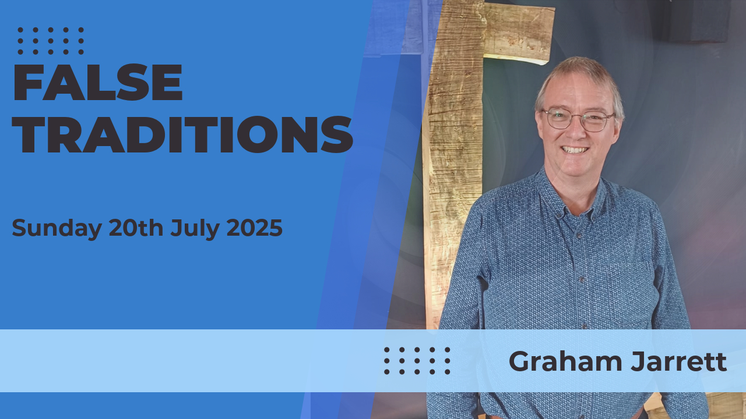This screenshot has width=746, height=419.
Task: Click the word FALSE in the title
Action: [97, 82]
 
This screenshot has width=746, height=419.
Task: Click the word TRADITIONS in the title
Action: [182, 134]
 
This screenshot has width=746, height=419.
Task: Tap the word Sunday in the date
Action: [57, 229]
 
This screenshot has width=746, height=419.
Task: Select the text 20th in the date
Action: [136, 228]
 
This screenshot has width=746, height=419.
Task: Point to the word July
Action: [195, 229]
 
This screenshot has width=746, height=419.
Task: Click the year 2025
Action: [255, 228]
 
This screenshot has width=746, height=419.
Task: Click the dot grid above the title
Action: [51, 41]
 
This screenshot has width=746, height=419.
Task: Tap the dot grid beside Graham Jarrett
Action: [417, 361]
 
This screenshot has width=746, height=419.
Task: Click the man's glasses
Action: [579, 119]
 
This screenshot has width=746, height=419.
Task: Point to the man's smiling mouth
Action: [575, 150]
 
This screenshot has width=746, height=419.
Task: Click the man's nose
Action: [575, 132]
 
